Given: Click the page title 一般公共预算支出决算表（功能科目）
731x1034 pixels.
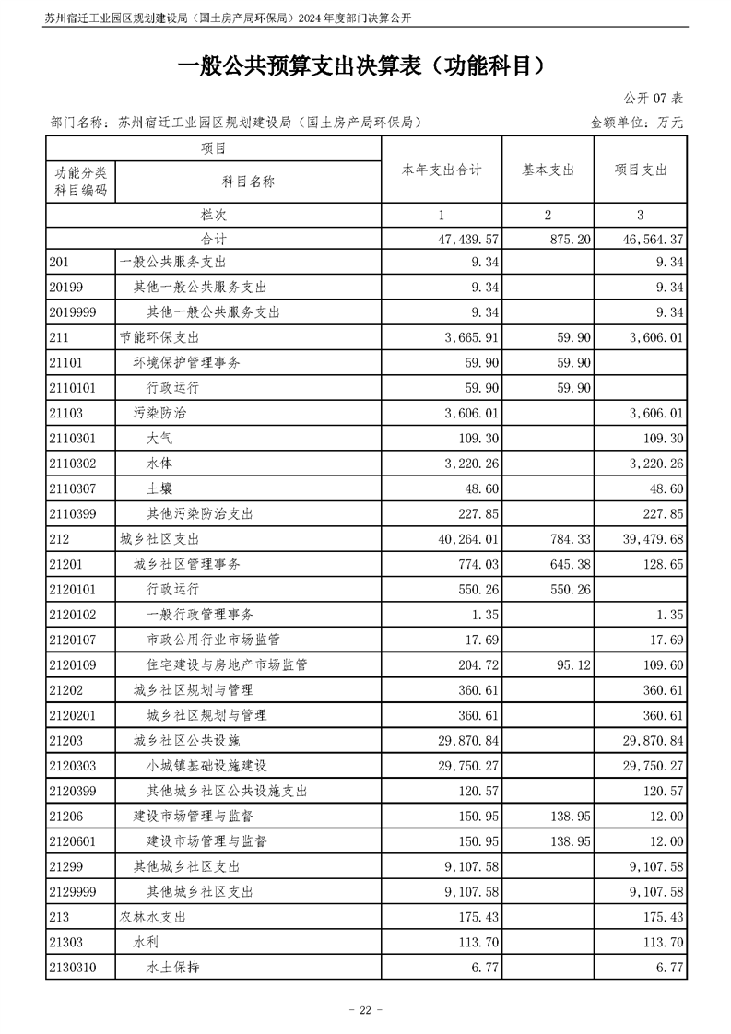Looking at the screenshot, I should coord(365,65).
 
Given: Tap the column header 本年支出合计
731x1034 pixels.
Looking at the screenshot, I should coord(442,170).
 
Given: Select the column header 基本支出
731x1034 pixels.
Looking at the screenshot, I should coord(548,170).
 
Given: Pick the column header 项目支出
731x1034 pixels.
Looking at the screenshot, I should coord(641,170).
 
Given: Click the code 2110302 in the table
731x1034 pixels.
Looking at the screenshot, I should coord(75,464).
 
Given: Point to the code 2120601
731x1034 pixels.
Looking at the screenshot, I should coord(75,840).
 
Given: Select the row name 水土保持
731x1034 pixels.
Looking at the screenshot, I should coord(173,967).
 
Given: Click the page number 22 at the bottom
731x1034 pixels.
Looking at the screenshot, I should coord(364,1010).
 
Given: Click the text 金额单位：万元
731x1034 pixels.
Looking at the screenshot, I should coord(637,121).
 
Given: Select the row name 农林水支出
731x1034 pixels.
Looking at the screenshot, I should coord(153,917).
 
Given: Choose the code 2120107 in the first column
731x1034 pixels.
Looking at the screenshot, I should coord(75,639).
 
